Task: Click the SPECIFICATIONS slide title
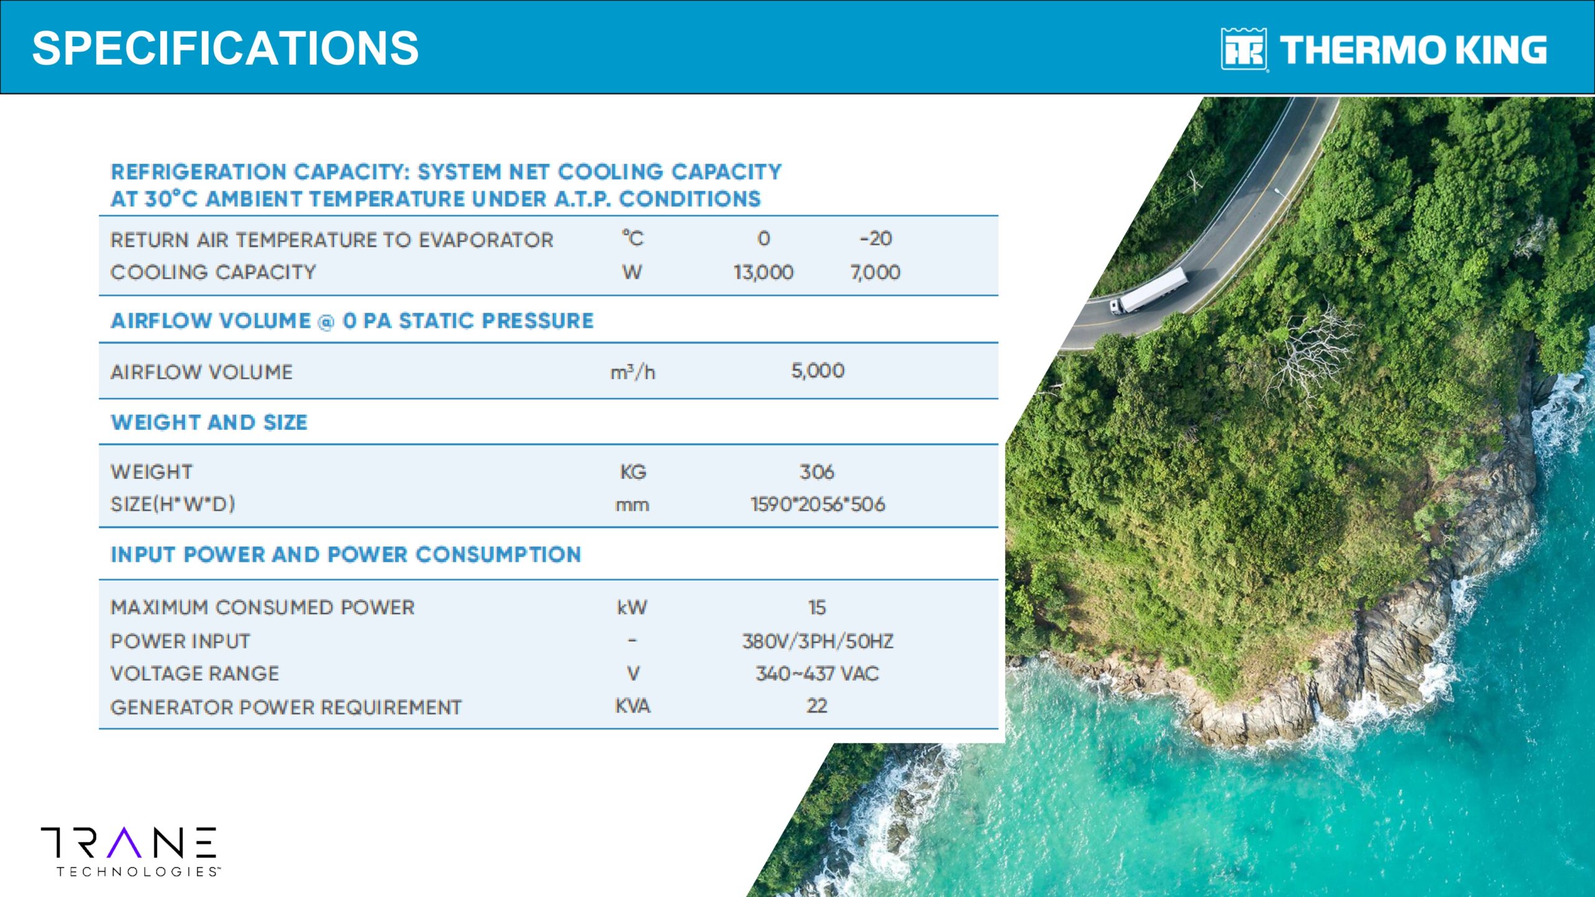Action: coord(225,49)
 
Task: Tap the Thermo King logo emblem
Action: coord(1244,49)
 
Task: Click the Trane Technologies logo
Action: coord(130,852)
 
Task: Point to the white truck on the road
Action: coord(1148,291)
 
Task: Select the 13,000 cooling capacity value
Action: coord(763,272)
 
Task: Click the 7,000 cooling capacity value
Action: coord(875,272)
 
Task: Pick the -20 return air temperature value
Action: coord(875,239)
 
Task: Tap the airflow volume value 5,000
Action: coord(817,371)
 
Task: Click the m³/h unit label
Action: coord(632,372)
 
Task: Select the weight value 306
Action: coord(817,472)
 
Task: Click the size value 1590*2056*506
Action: coord(817,504)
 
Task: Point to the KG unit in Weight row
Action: coord(633,472)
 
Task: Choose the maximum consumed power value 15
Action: coord(817,607)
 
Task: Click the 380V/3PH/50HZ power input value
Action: coord(817,641)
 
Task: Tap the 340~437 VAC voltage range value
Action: coord(817,673)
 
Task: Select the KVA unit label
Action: coord(633,706)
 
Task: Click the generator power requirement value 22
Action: coord(817,706)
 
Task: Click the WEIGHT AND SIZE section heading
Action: coord(209,422)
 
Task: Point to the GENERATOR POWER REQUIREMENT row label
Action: coord(286,707)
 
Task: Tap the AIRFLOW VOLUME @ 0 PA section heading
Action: coord(352,321)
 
